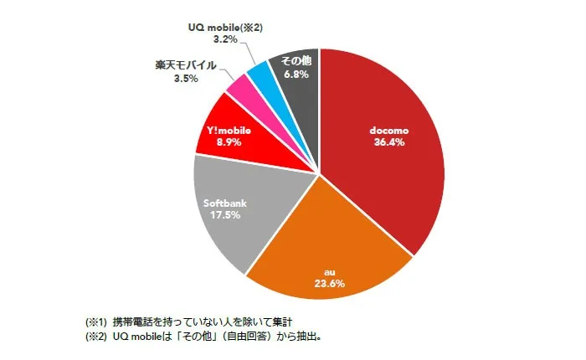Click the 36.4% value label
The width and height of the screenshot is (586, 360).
pyautogui.click(x=388, y=142)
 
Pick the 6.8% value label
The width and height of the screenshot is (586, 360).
pyautogui.click(x=296, y=74)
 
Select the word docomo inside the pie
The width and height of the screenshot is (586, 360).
pyautogui.click(x=388, y=130)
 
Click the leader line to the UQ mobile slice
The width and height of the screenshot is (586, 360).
pyautogui.click(x=253, y=54)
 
